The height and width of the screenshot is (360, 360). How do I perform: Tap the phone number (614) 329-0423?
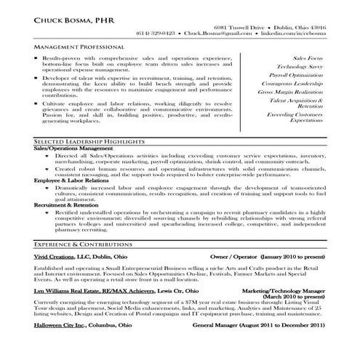coord(155,33)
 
